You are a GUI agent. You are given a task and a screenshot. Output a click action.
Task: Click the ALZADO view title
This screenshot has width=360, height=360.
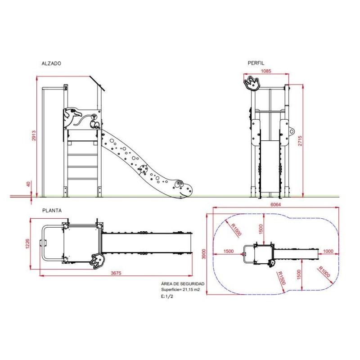(x=51, y=63)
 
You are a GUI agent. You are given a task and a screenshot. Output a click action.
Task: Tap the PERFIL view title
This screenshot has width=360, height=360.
(x=256, y=63)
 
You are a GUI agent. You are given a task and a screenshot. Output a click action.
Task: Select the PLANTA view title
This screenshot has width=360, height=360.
(x=52, y=211)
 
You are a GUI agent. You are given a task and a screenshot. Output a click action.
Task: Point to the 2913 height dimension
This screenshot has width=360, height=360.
(x=34, y=135)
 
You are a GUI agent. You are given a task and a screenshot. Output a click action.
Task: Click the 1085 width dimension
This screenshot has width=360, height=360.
(x=266, y=71)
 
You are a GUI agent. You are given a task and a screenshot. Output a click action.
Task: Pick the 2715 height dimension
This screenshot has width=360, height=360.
(x=300, y=141)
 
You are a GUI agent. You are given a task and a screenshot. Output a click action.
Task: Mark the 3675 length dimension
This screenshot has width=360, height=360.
(x=116, y=273)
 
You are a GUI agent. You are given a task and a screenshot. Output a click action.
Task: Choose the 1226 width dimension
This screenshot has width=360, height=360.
(x=27, y=243)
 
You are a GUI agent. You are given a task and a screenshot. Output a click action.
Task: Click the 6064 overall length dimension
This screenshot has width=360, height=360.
(x=275, y=204)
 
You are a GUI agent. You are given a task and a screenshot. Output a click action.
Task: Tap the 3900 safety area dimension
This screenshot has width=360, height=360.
(x=204, y=254)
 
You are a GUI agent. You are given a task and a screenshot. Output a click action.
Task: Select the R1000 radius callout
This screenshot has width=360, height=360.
(x=324, y=272)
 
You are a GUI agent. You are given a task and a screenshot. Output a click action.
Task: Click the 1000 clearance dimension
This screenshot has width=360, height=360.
(x=328, y=251)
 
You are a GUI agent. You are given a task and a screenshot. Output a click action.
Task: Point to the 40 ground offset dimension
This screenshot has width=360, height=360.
(x=28, y=184)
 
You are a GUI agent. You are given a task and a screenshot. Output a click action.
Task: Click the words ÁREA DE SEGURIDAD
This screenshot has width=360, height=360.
(x=183, y=284)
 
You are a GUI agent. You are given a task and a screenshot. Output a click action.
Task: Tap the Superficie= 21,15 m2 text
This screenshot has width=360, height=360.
(x=180, y=289)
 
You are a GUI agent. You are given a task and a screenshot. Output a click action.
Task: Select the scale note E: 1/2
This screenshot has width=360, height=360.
(x=167, y=296)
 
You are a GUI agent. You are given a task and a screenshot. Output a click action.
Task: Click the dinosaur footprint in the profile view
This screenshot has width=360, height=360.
(x=252, y=83)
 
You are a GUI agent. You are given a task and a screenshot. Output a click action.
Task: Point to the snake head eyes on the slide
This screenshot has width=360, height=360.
(x=179, y=184)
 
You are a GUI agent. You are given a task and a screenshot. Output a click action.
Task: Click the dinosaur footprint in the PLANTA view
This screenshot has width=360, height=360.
(x=98, y=261)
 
